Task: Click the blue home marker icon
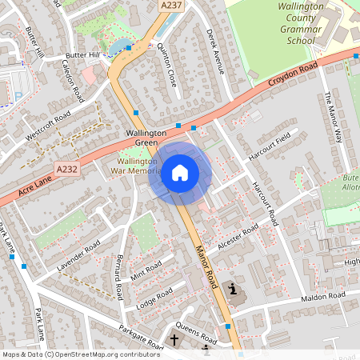click(180, 173)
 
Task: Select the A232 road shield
click(68, 169)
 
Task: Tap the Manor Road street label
click(206, 266)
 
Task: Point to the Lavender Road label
click(78, 254)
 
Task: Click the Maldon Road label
click(322, 298)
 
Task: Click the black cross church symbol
click(174, 340)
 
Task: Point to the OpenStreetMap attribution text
click(70, 354)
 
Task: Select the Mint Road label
click(146, 270)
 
